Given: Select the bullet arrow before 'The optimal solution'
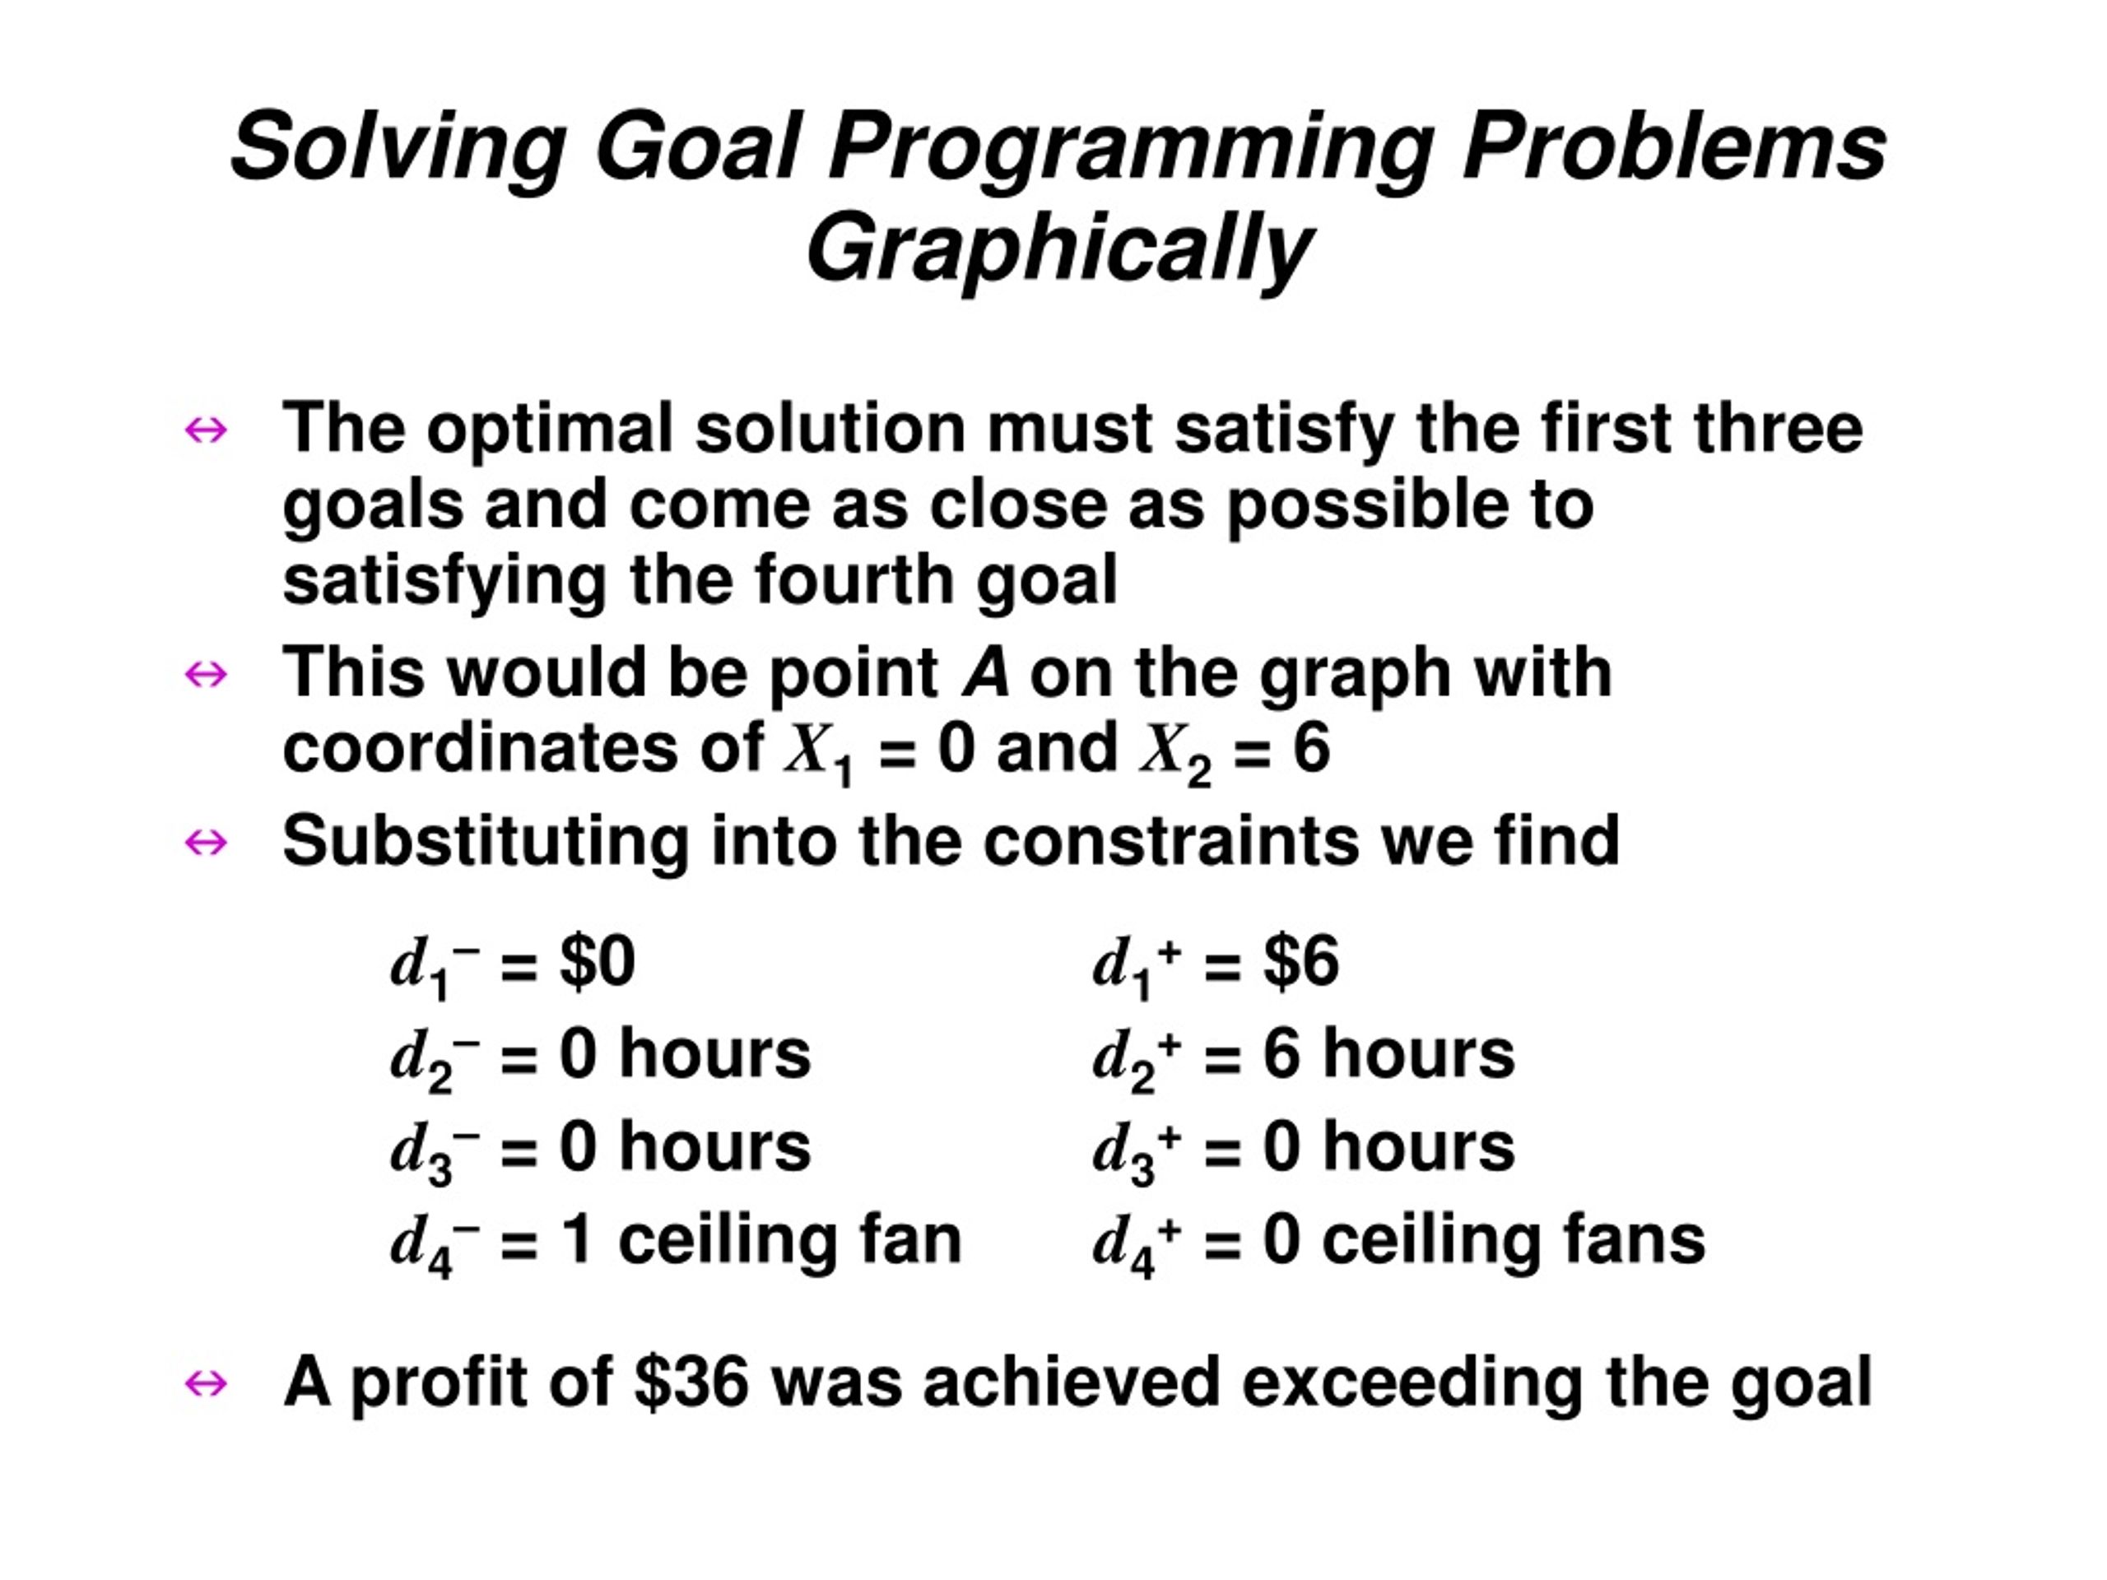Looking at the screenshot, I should [x=206, y=430].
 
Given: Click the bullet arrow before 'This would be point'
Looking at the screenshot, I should [x=206, y=674].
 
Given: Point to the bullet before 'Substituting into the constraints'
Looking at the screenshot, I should [x=206, y=842].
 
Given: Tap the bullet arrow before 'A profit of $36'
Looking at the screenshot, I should [x=206, y=1382].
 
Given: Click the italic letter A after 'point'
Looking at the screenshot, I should [x=985, y=672].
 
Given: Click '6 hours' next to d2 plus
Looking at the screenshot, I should [x=1388, y=1054].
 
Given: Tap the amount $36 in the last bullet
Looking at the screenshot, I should [x=691, y=1382].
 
